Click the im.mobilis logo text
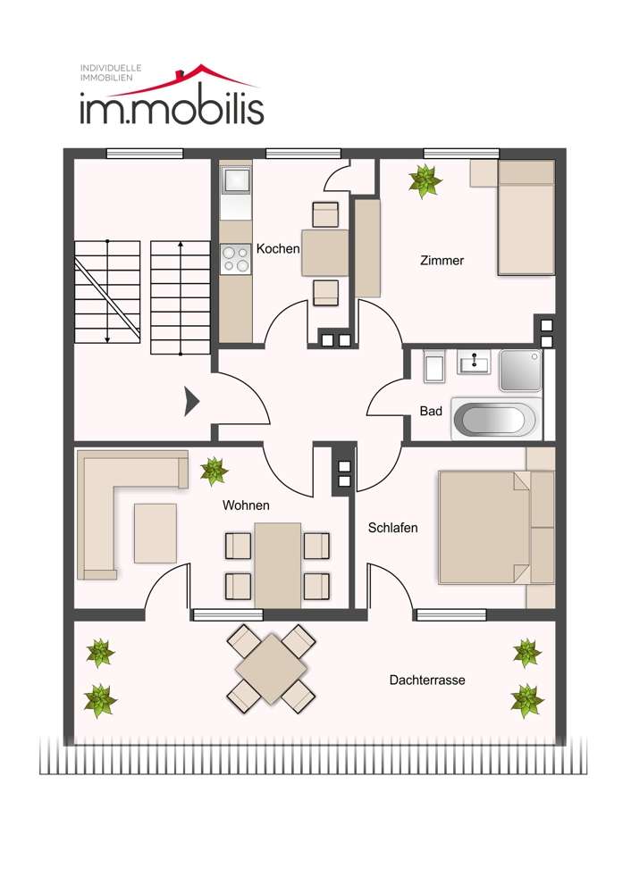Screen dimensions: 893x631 tap(171, 108)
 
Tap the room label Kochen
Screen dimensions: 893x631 tap(277, 248)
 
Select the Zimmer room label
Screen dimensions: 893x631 tap(442, 261)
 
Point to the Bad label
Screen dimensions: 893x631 tap(431, 412)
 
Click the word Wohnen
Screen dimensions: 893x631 tap(246, 505)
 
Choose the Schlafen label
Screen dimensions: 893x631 tap(392, 528)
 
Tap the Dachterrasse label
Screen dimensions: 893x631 tap(426, 680)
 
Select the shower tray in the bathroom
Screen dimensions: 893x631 tap(520, 370)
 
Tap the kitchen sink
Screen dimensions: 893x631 tap(237, 181)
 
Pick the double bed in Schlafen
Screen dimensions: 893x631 tap(483, 527)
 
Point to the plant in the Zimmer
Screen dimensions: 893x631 tap(425, 181)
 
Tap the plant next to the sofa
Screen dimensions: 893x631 tap(214, 471)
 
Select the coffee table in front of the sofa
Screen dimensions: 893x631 tap(156, 533)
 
